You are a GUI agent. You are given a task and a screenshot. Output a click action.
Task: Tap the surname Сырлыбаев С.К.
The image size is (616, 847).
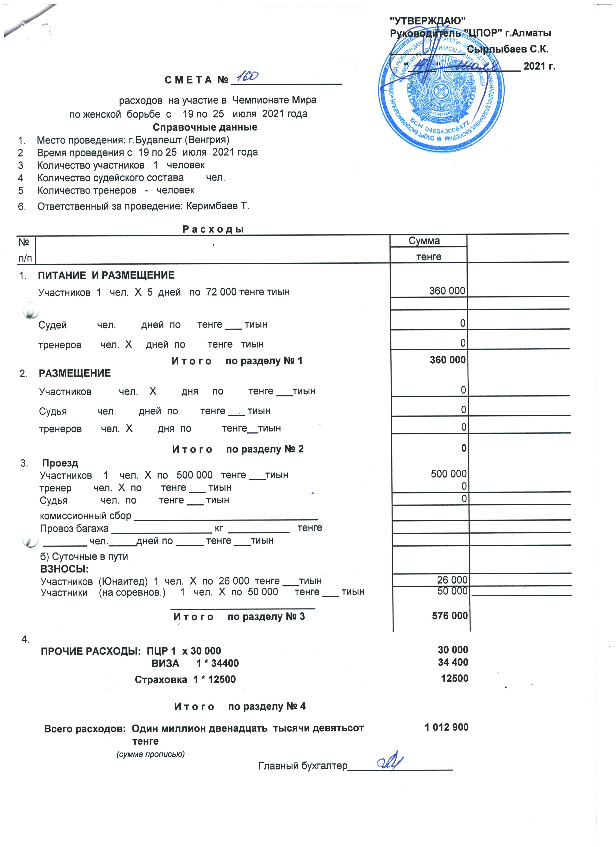(508, 49)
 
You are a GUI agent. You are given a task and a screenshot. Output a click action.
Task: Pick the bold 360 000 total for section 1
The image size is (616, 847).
(448, 360)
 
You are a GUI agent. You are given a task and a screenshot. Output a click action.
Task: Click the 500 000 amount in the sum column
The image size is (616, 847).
(448, 474)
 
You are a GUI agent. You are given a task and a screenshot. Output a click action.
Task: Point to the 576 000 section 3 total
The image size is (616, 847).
(450, 616)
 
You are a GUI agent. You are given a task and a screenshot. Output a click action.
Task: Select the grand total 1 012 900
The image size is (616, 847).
(446, 727)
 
